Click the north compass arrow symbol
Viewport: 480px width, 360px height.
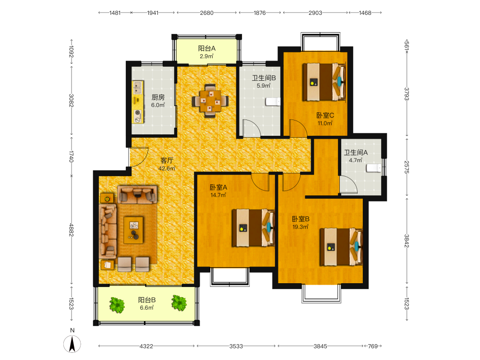(72, 344)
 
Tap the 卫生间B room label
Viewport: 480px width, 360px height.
(264, 78)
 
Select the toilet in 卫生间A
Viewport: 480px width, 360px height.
(374, 168)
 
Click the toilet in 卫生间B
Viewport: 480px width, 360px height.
(273, 102)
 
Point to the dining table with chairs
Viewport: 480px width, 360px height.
(210, 101)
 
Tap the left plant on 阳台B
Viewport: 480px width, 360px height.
(117, 305)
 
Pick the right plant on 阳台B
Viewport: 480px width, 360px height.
(179, 303)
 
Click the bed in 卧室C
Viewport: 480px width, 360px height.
(324, 82)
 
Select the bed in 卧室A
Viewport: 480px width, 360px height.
(253, 228)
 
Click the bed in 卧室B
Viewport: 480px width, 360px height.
(341, 247)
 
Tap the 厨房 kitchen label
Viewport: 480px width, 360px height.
(158, 97)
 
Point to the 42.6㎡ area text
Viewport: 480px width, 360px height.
(167, 168)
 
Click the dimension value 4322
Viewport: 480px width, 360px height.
(146, 346)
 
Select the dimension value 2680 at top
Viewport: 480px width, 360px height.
(206, 13)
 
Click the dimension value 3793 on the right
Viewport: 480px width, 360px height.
(407, 94)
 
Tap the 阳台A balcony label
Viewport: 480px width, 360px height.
(206, 48)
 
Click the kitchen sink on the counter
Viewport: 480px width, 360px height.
(137, 87)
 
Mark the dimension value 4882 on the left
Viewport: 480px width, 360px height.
(72, 230)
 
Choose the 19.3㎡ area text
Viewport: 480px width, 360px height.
(300, 227)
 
